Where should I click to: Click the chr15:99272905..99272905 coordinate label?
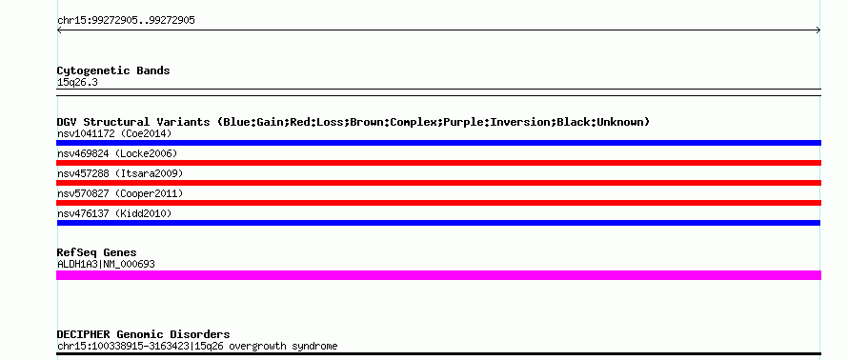(126, 21)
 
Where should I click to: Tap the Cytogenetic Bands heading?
(113, 70)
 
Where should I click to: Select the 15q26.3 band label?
(77, 83)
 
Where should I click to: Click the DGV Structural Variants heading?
(353, 122)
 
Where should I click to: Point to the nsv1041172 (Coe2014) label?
(114, 133)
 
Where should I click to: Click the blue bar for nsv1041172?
(438, 143)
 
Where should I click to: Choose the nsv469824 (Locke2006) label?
(117, 154)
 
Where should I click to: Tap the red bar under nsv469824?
(438, 163)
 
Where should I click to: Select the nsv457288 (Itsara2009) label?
(120, 173)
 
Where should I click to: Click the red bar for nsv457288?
(438, 183)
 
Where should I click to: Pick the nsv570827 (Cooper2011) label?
(120, 193)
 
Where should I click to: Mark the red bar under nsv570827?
(438, 203)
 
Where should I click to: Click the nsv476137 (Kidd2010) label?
(114, 214)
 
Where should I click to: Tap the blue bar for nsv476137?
(438, 223)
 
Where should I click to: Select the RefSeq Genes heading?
(97, 252)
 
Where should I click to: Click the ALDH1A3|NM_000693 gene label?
(106, 265)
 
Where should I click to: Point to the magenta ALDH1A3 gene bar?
(438, 275)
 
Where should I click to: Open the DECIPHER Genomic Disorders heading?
(143, 334)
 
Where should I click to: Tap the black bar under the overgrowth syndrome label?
(438, 354)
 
